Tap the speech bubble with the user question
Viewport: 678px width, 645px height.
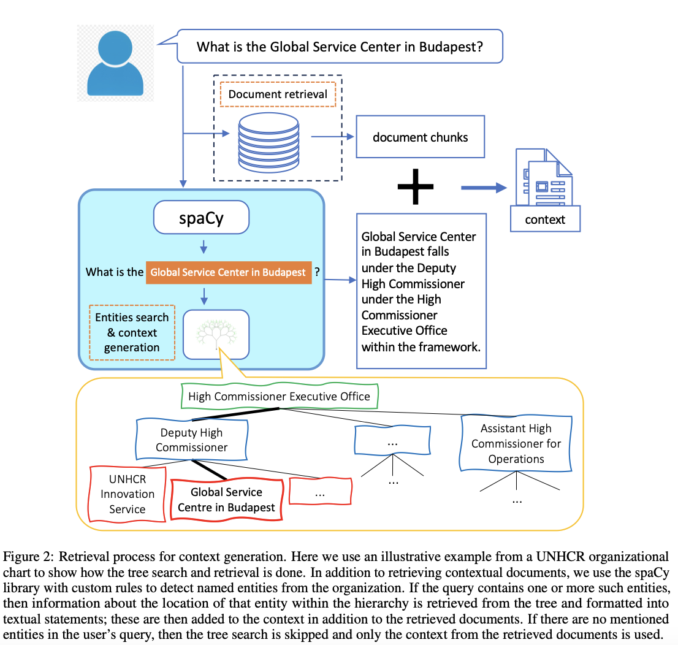[x=340, y=47]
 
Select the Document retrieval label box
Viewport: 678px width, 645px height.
[x=278, y=94]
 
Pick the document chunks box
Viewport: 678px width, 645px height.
[x=420, y=137]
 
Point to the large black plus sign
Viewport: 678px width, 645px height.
[x=415, y=185]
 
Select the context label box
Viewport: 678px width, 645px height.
[x=545, y=219]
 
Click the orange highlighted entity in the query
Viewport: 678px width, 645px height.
[x=228, y=272]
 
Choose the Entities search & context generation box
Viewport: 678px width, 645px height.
[x=131, y=332]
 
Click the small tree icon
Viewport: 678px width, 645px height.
[x=216, y=335]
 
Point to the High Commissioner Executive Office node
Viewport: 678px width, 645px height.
[x=279, y=397]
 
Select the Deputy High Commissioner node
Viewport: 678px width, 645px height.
[x=191, y=440]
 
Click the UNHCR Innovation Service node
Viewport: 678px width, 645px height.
[x=128, y=494]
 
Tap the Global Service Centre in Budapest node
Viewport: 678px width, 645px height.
[x=226, y=500]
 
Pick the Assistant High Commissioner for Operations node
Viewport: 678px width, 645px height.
[x=516, y=443]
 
